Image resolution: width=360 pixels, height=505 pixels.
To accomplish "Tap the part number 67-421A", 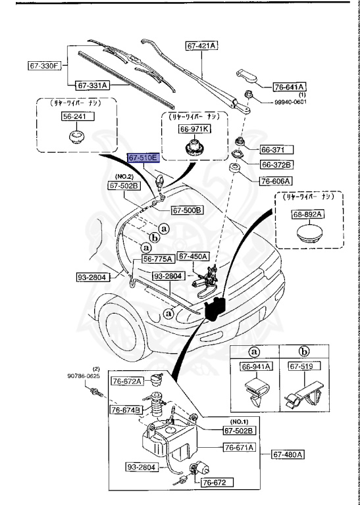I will [201, 45].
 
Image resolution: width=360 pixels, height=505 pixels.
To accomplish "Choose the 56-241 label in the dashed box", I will [73, 116].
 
